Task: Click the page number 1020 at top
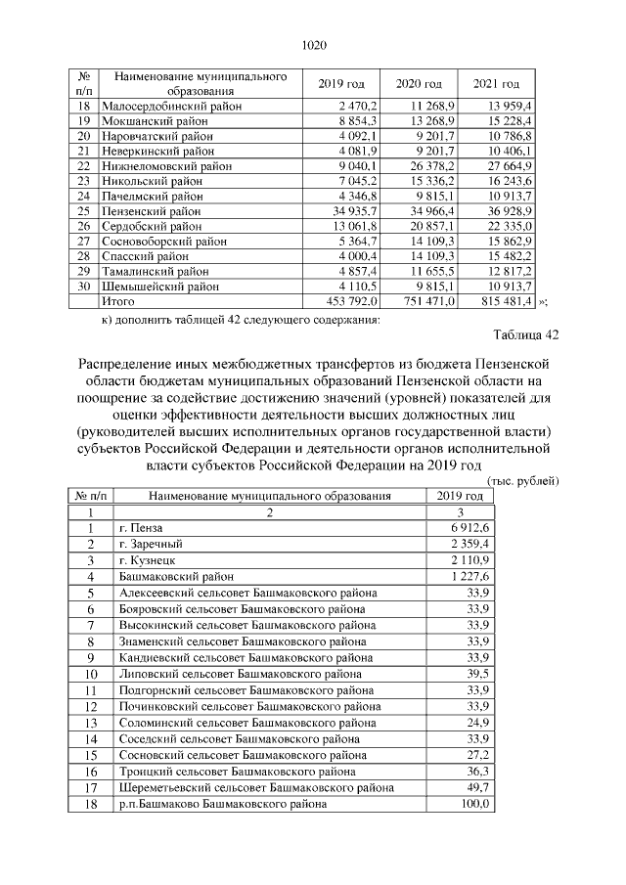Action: [x=313, y=44]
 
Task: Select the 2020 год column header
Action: [x=419, y=83]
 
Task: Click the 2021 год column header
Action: [x=496, y=83]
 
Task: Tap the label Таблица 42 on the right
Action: [x=525, y=335]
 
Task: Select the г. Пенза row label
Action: [x=141, y=528]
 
